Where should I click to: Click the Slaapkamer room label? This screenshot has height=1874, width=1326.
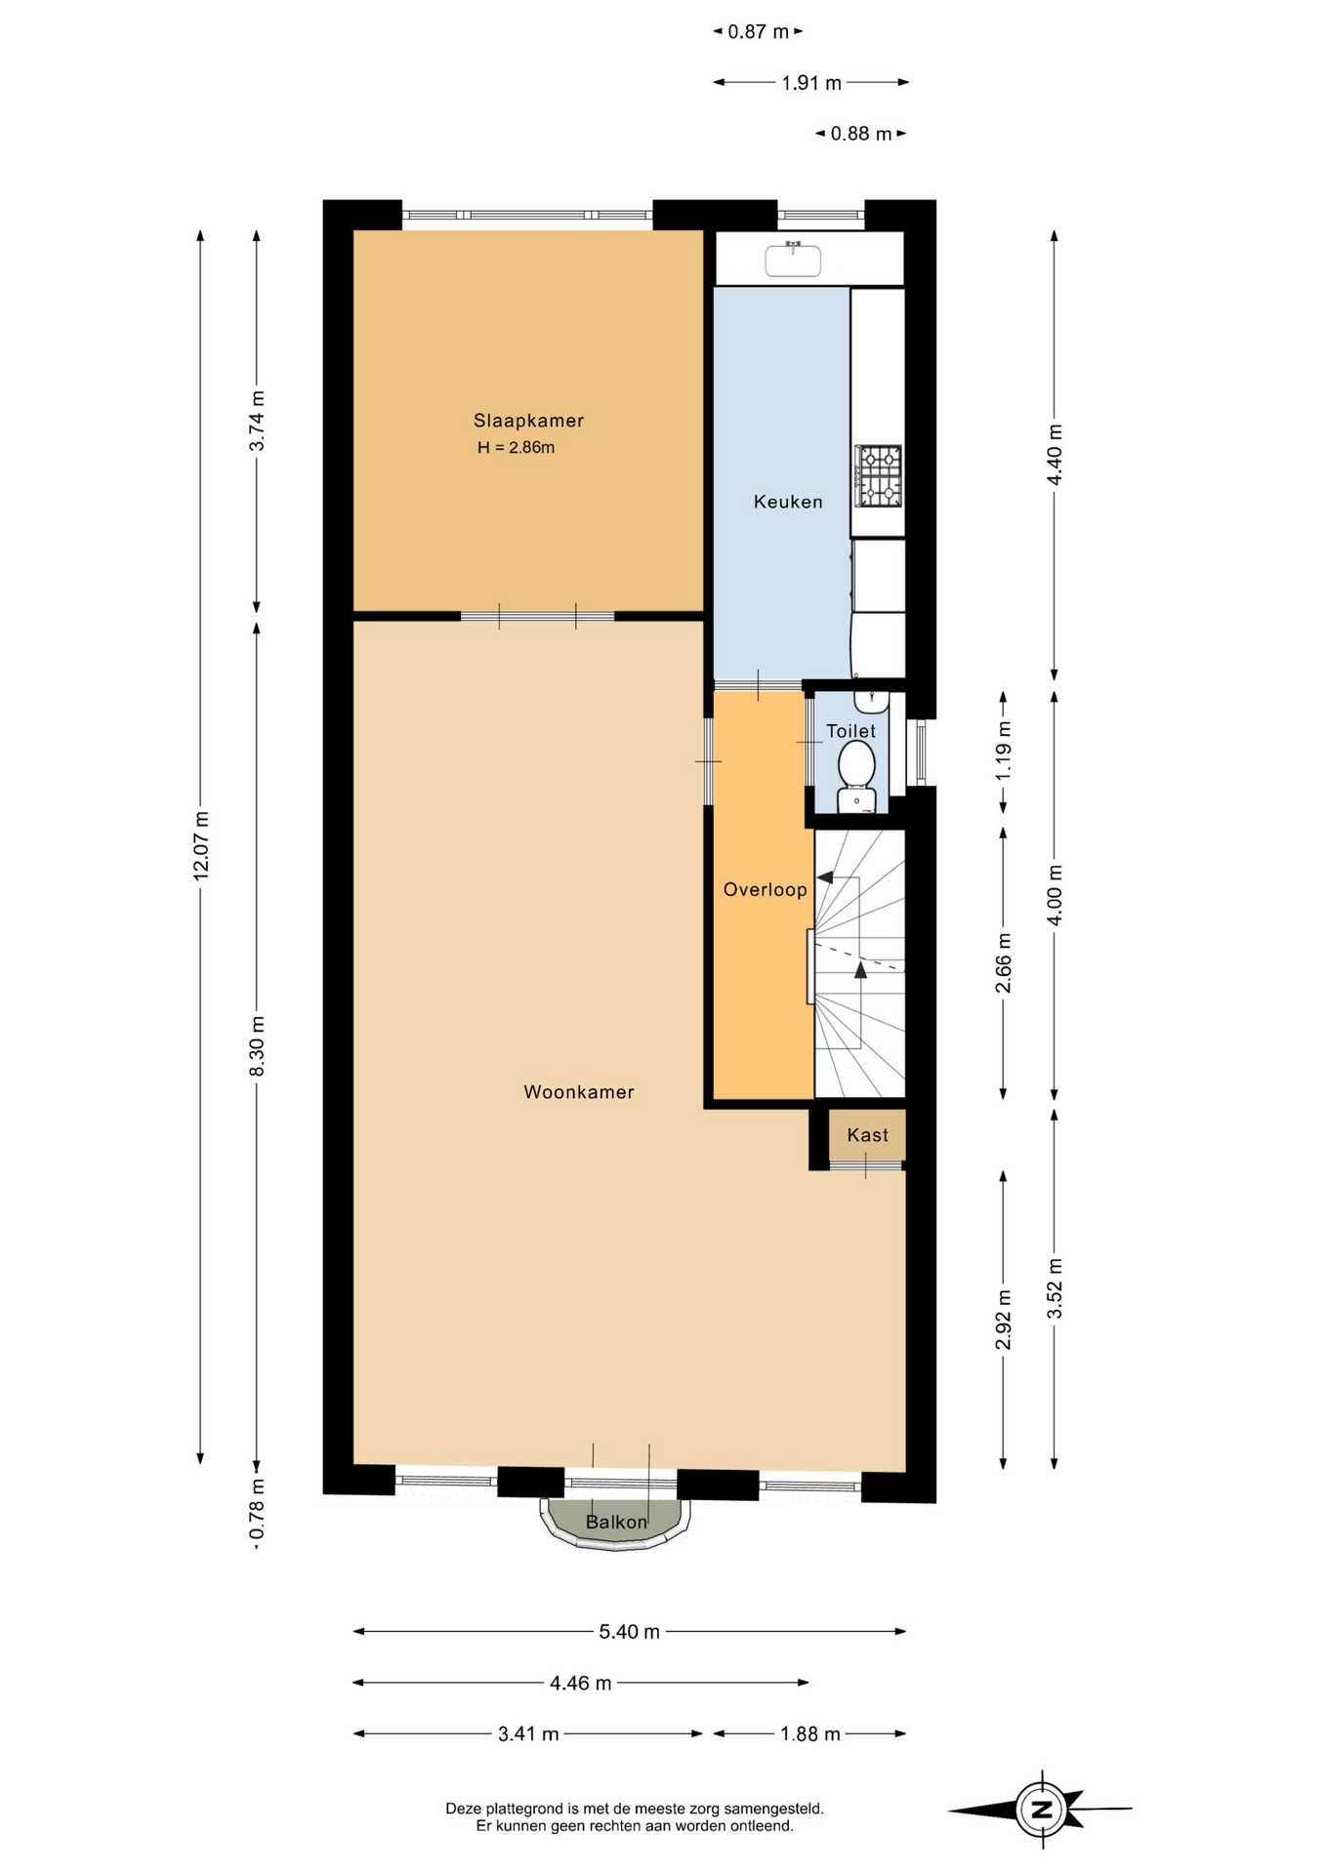point(528,421)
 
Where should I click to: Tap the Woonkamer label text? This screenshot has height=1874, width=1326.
point(579,1092)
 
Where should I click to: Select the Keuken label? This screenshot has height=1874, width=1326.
point(788,502)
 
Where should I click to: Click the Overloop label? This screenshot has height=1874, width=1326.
point(766,889)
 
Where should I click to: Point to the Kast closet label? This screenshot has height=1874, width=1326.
point(868,1135)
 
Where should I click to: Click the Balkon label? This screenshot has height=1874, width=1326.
point(616,1522)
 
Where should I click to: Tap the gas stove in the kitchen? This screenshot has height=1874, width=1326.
point(879,476)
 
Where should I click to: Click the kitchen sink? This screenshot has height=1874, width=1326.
point(793,260)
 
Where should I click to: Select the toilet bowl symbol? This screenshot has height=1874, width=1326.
point(857,765)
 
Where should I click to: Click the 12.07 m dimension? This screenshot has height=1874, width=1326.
point(201,845)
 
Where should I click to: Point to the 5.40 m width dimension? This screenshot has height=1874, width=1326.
point(630,1631)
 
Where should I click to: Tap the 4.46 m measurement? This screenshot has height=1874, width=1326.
point(581,1683)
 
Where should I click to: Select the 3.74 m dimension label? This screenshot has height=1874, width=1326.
point(257,421)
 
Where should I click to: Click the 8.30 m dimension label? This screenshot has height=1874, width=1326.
point(257,1046)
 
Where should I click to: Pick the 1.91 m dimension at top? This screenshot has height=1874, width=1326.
point(811,83)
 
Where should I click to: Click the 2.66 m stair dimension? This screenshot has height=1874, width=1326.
point(1003,963)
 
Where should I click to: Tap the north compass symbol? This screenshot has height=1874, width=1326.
point(1043,1809)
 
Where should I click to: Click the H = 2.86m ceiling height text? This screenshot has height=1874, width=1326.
point(517,448)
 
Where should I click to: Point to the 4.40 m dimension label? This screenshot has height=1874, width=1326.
point(1055,455)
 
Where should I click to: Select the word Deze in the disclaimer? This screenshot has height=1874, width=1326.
point(464,1809)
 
